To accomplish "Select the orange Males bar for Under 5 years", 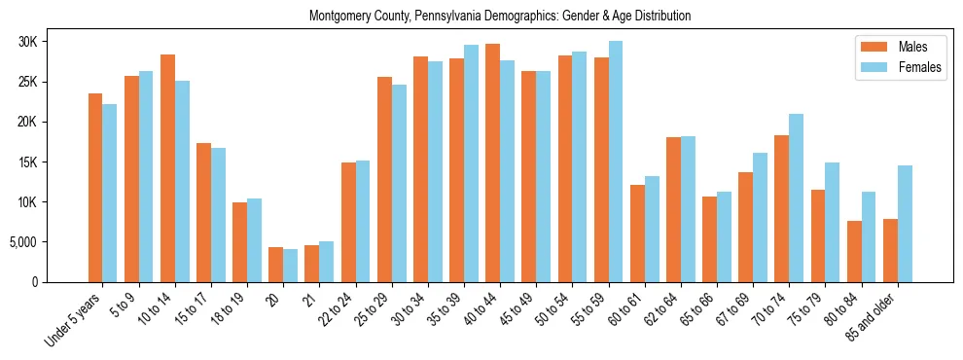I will coord(95,188).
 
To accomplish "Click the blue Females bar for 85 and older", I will coord(905,224).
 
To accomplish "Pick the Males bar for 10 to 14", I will coord(167,168).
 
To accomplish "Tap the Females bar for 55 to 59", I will coord(616,162).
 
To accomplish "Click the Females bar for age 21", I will coord(326,262).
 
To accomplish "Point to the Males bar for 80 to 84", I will coord(854,251).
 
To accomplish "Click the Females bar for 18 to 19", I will coord(254,240).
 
